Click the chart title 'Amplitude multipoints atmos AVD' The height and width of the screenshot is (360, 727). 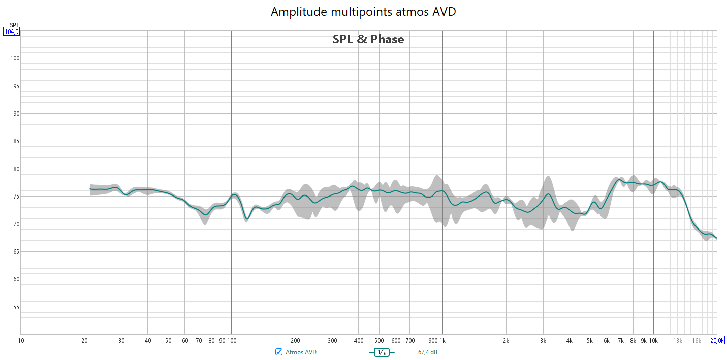363,12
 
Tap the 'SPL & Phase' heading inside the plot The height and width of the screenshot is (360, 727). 368,39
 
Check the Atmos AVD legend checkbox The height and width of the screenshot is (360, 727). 278,352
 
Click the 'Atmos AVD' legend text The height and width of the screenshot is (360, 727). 301,352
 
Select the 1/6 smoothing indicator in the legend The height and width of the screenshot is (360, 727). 381,352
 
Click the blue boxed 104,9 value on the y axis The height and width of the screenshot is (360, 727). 11,31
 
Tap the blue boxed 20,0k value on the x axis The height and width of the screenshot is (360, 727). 717,340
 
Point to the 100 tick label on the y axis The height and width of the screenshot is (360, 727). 14,58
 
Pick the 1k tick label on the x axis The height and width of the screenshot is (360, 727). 442,340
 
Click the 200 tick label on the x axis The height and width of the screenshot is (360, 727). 295,340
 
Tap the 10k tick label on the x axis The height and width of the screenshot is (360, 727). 653,340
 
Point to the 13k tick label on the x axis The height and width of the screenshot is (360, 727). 678,340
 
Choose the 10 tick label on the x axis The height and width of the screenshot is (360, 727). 21,340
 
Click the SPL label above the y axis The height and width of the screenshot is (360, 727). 14,25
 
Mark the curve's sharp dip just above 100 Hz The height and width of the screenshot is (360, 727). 247,219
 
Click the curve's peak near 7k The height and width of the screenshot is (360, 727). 619,180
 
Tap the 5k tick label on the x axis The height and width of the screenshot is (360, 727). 590,340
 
